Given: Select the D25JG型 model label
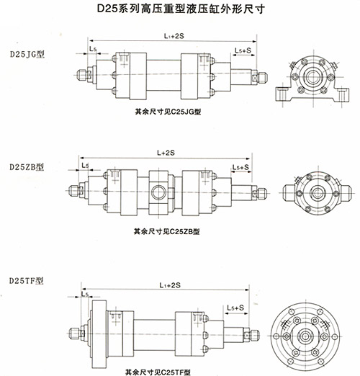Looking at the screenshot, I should point(26,54).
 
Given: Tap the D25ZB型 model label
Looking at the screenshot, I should point(26,166).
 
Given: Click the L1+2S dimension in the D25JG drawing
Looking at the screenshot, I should point(172,34).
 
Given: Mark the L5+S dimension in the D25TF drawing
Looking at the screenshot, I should point(238,308).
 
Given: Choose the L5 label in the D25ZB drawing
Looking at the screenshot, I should point(85,166).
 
